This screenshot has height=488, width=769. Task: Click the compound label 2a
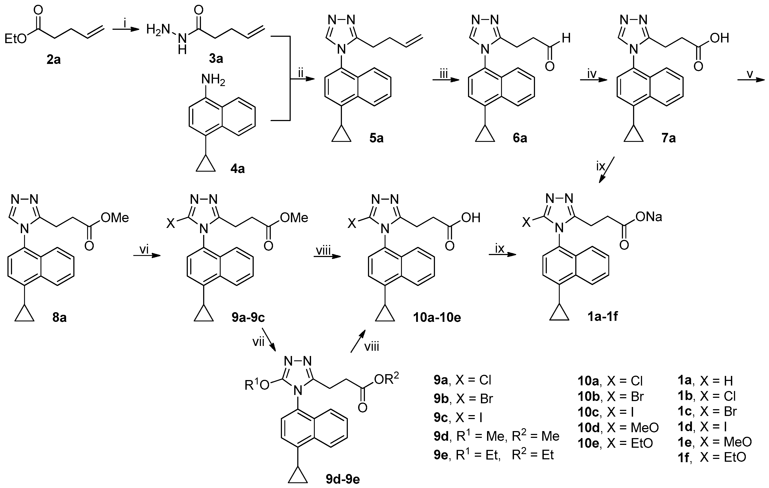pyautogui.click(x=53, y=60)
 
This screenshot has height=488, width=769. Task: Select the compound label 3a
pyautogui.click(x=216, y=58)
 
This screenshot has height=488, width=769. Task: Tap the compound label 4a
pyautogui.click(x=238, y=169)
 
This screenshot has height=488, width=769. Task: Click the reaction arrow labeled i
pyautogui.click(x=126, y=30)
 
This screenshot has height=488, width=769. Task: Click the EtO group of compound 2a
pyautogui.click(x=16, y=39)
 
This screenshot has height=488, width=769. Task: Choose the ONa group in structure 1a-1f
pyautogui.click(x=649, y=217)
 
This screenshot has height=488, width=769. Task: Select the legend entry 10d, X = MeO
pyautogui.click(x=618, y=427)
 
